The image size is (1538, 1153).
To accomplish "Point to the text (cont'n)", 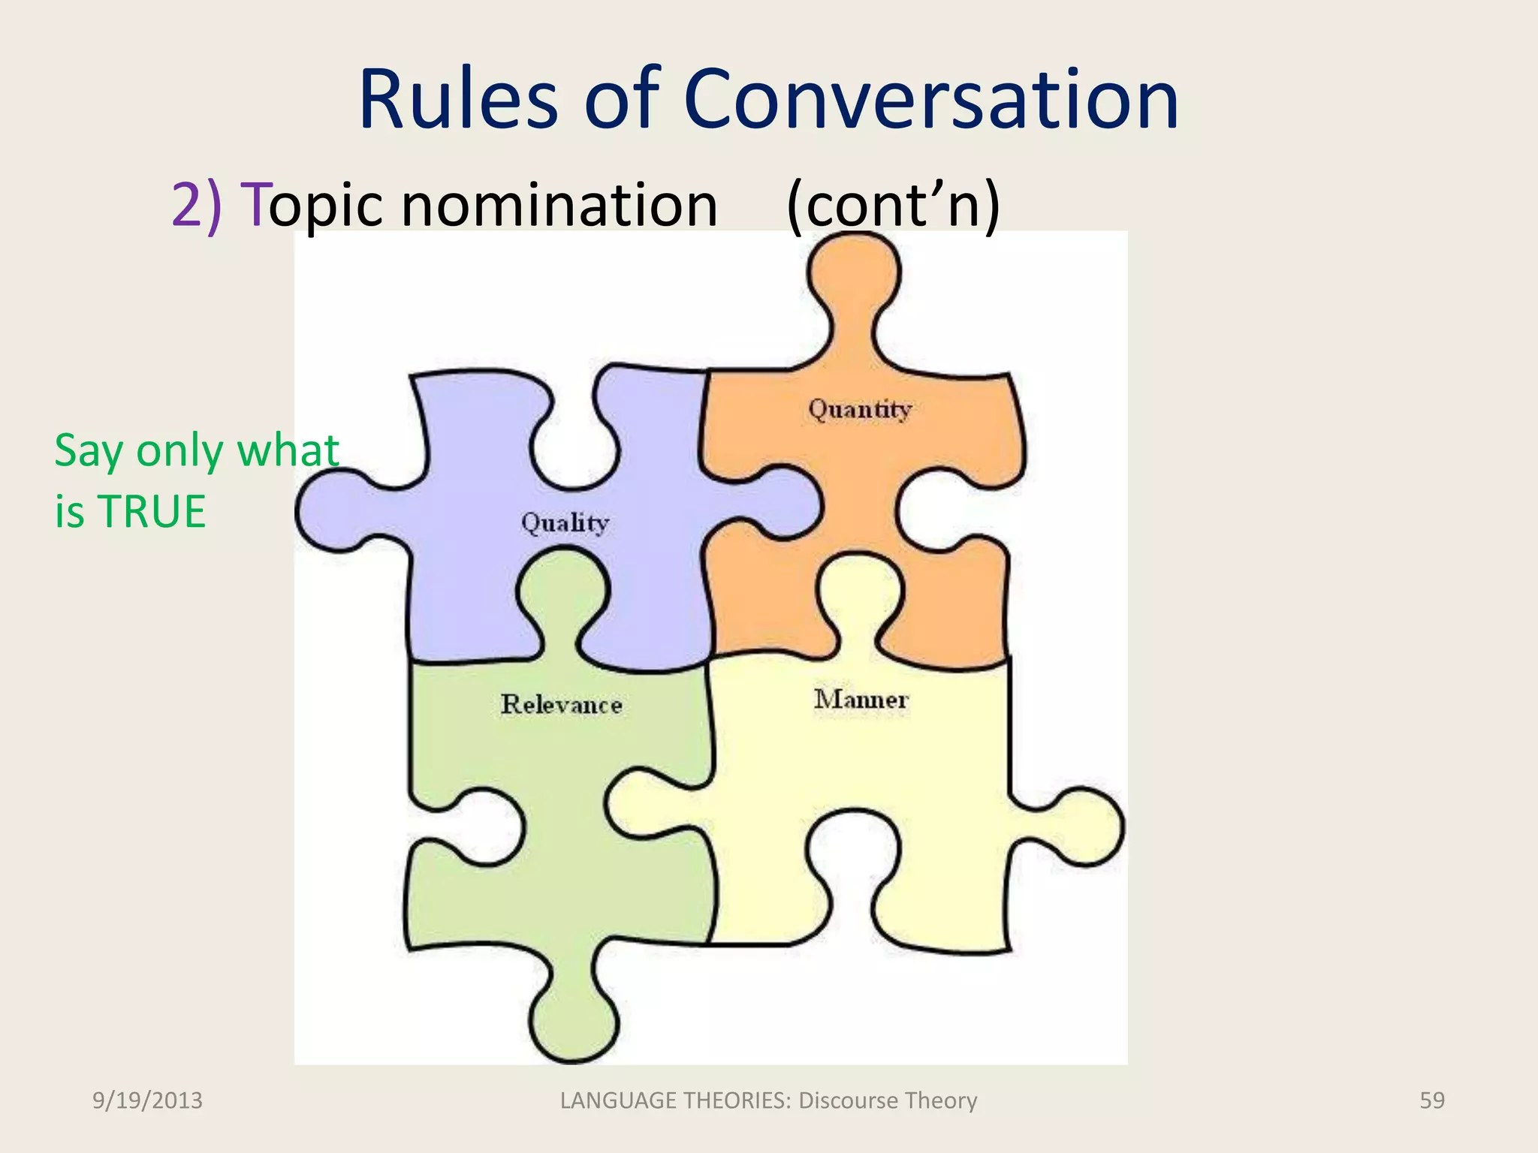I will point(893,204).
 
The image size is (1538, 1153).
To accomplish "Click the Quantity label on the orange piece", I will point(860,410).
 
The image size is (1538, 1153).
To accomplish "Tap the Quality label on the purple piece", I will point(565,522).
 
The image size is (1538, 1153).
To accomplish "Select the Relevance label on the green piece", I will point(562,704).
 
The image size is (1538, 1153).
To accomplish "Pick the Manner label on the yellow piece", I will point(861,700).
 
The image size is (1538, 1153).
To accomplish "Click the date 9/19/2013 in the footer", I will point(147,1100).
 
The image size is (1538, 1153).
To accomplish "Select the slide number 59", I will point(1431,1100).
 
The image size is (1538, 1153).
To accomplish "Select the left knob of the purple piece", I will point(330,512).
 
